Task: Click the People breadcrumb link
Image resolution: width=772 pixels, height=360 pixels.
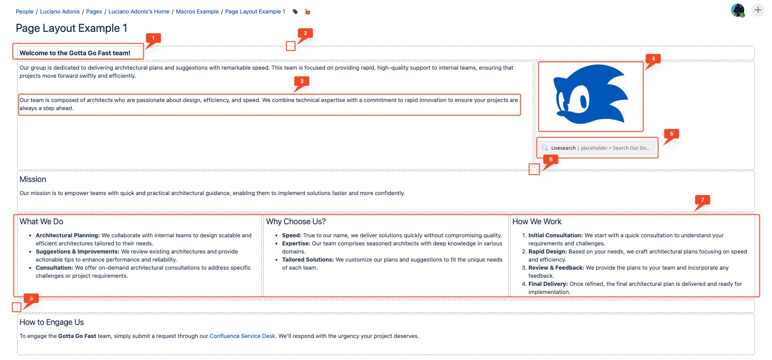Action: tap(24, 12)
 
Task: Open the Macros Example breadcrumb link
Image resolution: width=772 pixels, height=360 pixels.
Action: tap(197, 12)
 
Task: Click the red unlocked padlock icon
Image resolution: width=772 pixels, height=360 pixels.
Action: tap(307, 12)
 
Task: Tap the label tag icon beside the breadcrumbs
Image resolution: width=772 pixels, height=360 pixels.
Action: tap(295, 12)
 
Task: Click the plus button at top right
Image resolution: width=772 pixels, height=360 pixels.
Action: tap(758, 10)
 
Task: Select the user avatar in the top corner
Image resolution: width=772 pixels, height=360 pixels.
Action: tap(737, 10)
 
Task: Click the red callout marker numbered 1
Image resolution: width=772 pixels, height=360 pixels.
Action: tap(153, 39)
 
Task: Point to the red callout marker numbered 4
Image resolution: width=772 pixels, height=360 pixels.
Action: tap(653, 59)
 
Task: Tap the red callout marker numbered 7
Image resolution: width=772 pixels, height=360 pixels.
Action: tap(702, 200)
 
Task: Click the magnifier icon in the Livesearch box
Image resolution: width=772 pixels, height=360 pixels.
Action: tap(545, 148)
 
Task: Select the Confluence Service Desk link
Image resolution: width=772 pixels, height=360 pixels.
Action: tap(242, 336)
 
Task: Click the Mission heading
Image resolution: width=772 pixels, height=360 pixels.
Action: tap(33, 179)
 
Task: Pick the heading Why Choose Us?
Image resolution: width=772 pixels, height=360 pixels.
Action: tap(296, 222)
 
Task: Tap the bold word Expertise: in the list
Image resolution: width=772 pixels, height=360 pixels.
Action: tap(296, 244)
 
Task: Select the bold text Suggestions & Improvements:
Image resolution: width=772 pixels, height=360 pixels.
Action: tap(77, 252)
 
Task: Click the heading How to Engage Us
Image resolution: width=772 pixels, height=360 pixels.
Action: tap(52, 322)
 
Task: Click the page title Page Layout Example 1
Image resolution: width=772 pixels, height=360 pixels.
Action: tap(71, 28)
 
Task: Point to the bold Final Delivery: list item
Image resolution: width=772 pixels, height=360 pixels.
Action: tap(548, 284)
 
